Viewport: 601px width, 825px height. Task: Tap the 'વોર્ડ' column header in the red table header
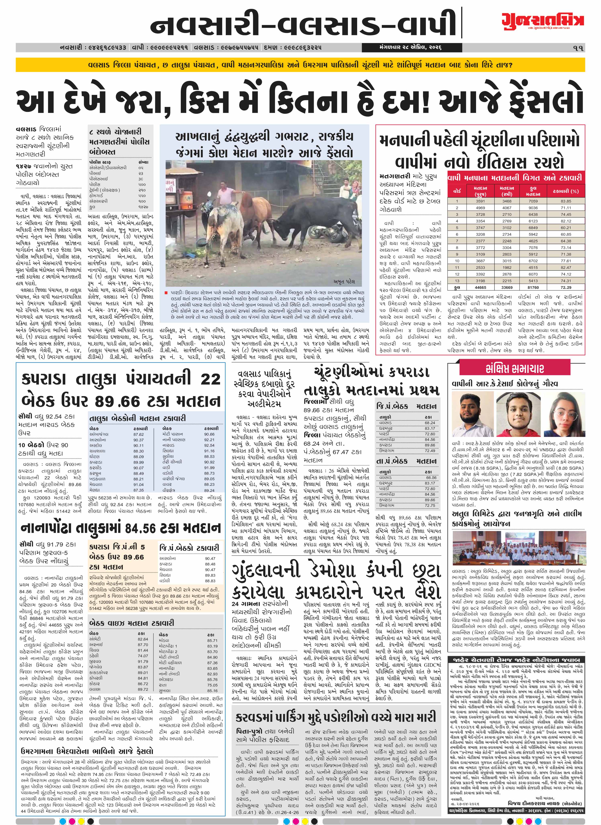[x=457, y=191]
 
